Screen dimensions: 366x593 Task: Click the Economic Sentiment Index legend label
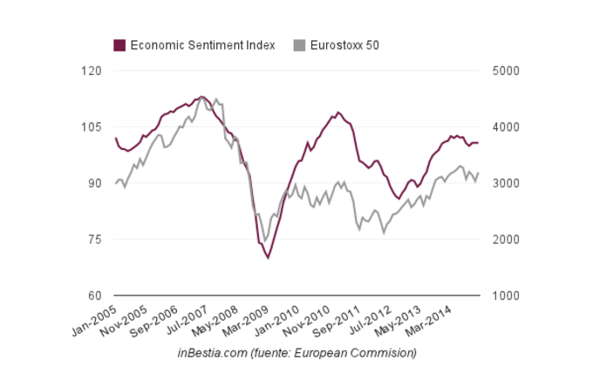coord(202,44)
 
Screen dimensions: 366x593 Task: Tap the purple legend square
coord(119,44)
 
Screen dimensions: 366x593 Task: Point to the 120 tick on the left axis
coord(91,71)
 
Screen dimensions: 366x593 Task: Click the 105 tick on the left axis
coord(91,127)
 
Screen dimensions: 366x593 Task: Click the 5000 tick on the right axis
coord(505,71)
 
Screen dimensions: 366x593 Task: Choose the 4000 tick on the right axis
coord(505,127)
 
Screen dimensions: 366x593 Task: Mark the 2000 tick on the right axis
coord(505,239)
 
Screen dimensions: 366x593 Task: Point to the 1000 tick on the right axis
coord(505,295)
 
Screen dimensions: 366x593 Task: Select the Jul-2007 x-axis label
coord(205,321)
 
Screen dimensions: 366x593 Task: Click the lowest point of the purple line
coord(268,258)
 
